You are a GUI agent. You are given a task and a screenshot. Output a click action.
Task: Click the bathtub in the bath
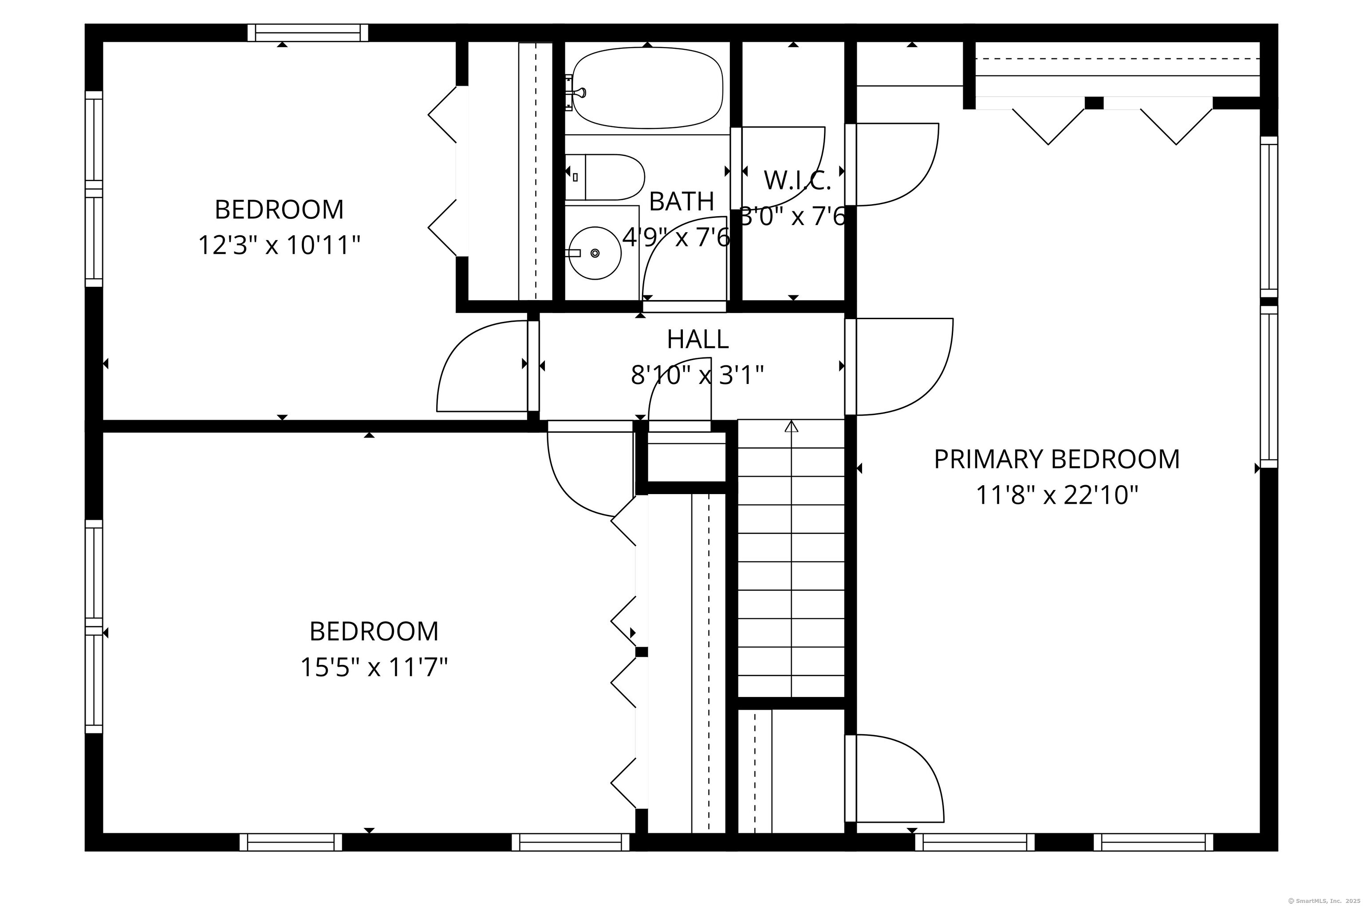tap(647, 88)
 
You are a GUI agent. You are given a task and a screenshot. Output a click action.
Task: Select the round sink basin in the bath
tap(595, 253)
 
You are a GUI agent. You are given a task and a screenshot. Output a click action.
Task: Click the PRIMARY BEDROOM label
tap(1057, 459)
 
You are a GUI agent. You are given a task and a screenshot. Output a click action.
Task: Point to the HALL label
tap(697, 339)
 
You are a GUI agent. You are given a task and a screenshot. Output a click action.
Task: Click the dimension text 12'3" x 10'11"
tap(279, 245)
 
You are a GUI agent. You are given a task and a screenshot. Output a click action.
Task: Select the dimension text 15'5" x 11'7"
tap(374, 667)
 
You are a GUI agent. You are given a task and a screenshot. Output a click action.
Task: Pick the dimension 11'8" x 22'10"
tap(1057, 495)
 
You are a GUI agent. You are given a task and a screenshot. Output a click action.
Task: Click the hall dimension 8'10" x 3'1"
tap(697, 375)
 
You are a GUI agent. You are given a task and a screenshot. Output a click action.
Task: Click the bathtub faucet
tap(578, 92)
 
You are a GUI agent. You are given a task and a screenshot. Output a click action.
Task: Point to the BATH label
tap(681, 201)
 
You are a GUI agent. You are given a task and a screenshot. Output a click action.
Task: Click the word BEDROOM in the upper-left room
tap(279, 209)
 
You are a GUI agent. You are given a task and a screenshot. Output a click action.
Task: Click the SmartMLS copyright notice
tap(1324, 900)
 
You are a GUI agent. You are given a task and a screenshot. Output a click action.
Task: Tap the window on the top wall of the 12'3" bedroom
tap(308, 33)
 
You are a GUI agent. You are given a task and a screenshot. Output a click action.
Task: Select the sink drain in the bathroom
tap(595, 253)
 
